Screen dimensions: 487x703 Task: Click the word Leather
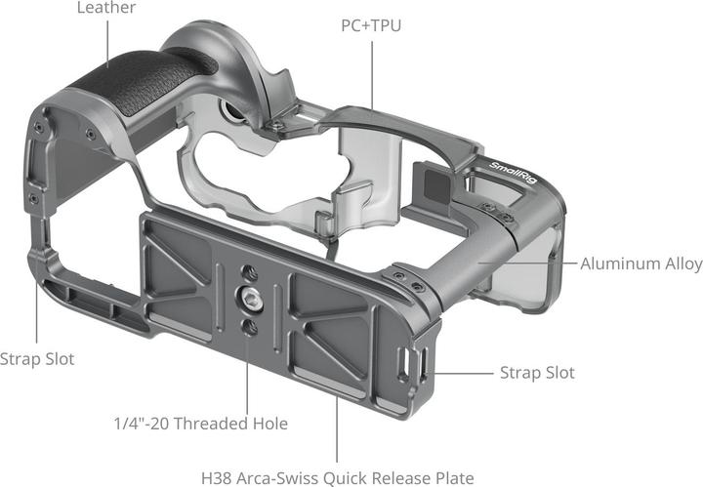[x=105, y=8]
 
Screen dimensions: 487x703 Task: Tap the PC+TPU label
[x=371, y=24]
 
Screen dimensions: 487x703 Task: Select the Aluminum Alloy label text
[x=641, y=264]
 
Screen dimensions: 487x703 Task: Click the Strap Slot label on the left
[x=37, y=359]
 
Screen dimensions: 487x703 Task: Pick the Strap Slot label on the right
[x=537, y=373]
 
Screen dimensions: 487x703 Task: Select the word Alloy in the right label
[x=680, y=264]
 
